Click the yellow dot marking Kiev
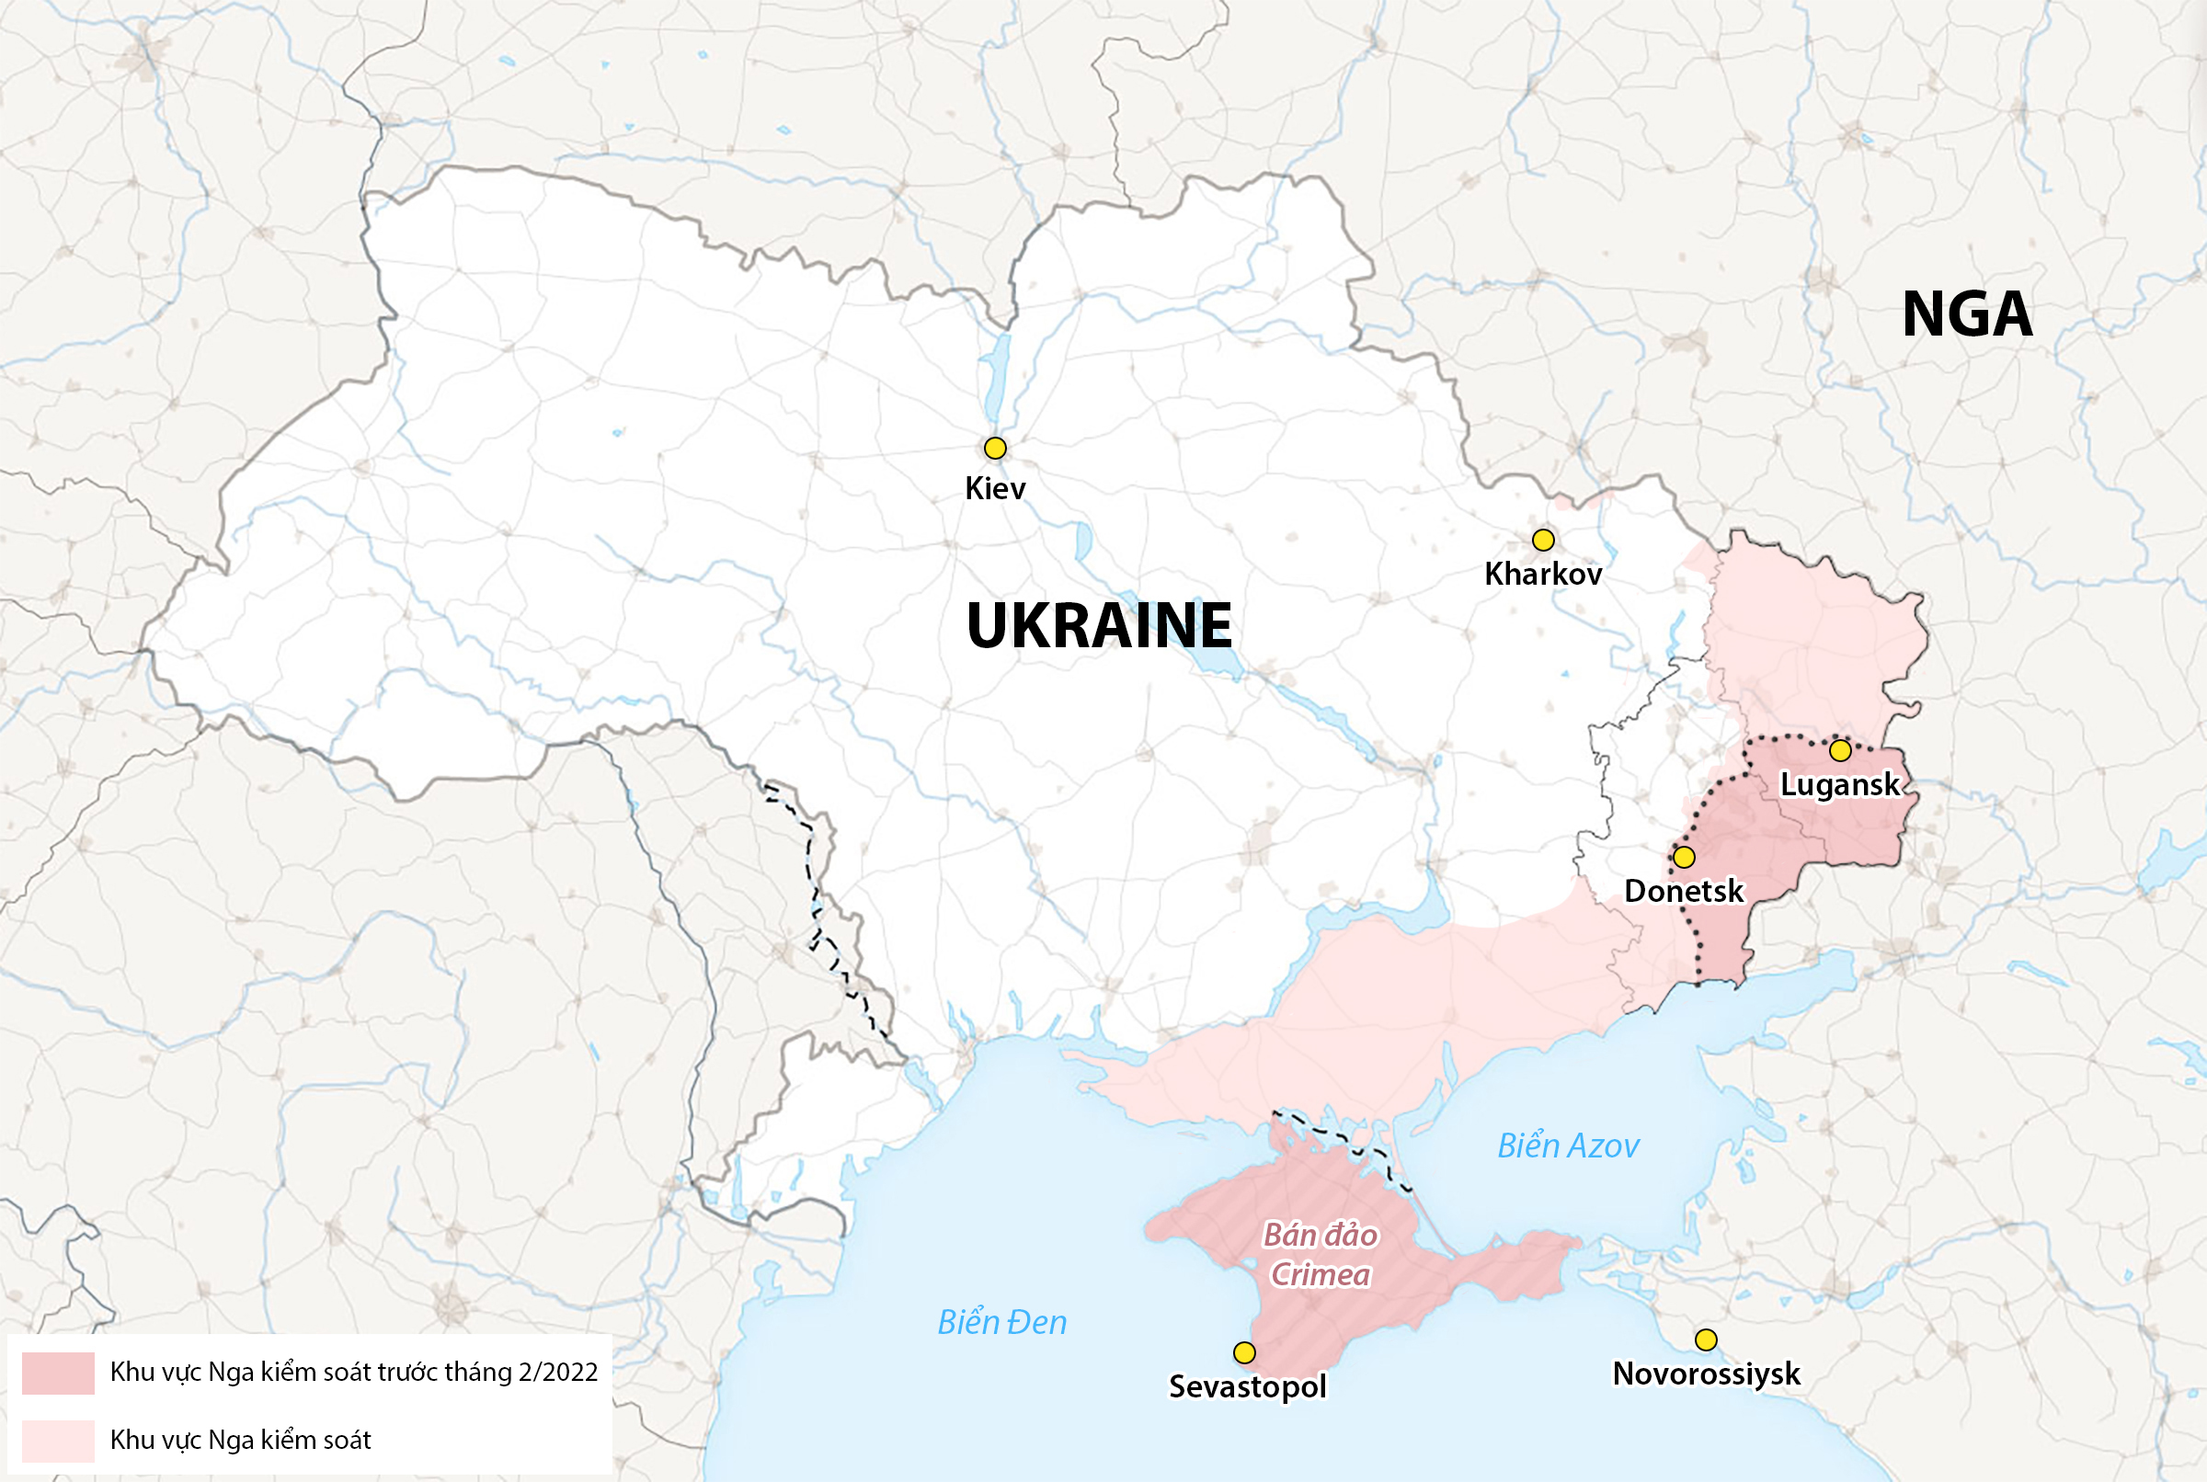click(994, 448)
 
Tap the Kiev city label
click(994, 489)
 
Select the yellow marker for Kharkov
click(1542, 540)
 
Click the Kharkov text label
click(1542, 574)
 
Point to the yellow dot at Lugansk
click(1839, 750)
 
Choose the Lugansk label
click(1839, 784)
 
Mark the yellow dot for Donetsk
click(1684, 857)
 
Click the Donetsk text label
click(1684, 891)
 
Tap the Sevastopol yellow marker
click(1244, 1352)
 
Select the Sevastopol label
click(1248, 1386)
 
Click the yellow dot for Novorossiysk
click(1705, 1339)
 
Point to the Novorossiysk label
click(1706, 1374)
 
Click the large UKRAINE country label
click(1099, 625)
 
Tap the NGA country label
click(1967, 313)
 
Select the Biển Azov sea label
click(1567, 1146)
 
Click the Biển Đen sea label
click(1002, 1322)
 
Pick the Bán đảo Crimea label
click(1321, 1255)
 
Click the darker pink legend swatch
click(58, 1374)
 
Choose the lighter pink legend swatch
click(58, 1441)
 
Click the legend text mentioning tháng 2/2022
click(353, 1373)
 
